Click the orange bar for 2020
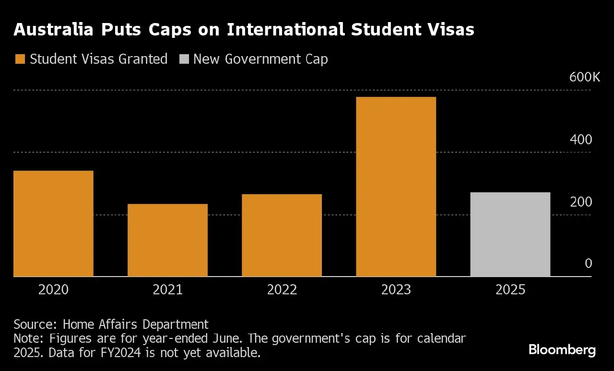click(x=53, y=223)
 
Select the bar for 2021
click(x=167, y=240)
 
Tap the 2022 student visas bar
click(x=282, y=235)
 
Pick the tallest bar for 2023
click(x=396, y=186)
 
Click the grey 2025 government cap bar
click(x=510, y=234)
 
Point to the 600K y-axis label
click(x=584, y=77)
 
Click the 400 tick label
click(x=581, y=140)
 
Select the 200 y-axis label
click(x=581, y=202)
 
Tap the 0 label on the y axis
click(x=589, y=264)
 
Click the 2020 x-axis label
click(x=53, y=290)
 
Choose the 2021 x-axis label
click(x=167, y=290)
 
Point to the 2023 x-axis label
click(x=396, y=290)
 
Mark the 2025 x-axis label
click(x=510, y=290)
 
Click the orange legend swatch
click(x=20, y=59)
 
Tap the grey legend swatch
click(x=184, y=59)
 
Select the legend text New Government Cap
click(x=260, y=59)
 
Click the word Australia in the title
click(x=53, y=30)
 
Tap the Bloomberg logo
click(x=562, y=350)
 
